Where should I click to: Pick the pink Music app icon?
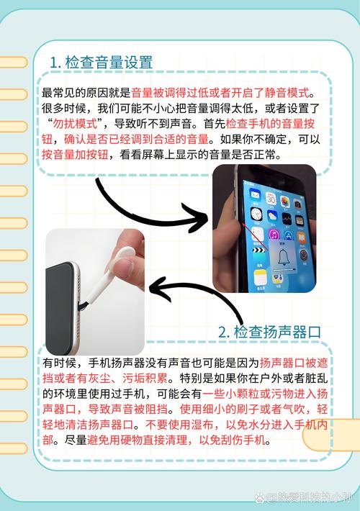[274, 234]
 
